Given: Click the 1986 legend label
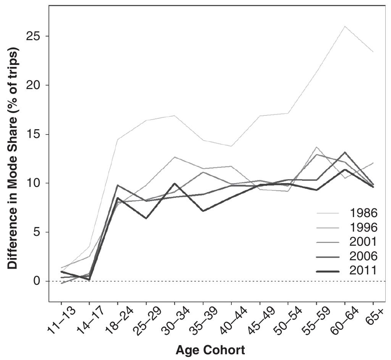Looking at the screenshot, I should (x=363, y=213).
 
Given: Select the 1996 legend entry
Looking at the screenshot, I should (x=363, y=227).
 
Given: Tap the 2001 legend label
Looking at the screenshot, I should (x=363, y=242).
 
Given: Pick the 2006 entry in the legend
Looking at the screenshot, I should (x=363, y=256).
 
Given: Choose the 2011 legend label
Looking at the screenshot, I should (x=363, y=271).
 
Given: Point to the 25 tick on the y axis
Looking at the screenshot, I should (x=34, y=37).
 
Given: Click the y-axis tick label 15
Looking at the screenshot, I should (x=34, y=135).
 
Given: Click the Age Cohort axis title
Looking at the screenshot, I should (x=210, y=349).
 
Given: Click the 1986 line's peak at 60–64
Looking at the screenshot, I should (x=345, y=26).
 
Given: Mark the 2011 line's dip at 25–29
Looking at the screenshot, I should (x=146, y=218).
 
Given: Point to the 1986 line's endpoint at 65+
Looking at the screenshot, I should (x=373, y=52).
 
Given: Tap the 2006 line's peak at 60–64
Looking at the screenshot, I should (x=345, y=152).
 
